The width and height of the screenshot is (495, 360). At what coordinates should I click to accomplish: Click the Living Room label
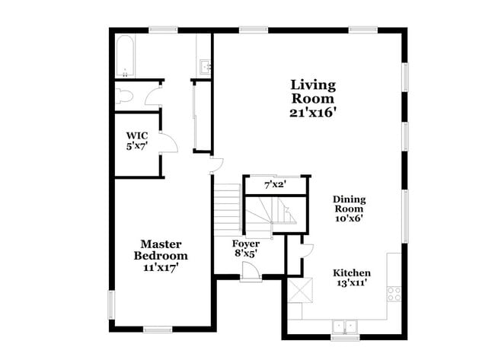(313, 91)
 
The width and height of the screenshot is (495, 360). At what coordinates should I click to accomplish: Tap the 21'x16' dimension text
(313, 112)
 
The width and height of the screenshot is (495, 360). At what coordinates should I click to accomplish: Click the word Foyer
(245, 244)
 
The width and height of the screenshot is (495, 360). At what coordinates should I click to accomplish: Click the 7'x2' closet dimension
(275, 185)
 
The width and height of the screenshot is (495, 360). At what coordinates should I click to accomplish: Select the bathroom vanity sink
(204, 66)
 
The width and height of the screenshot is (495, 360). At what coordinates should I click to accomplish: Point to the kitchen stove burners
(394, 293)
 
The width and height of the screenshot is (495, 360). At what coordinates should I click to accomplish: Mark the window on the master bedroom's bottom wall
(158, 330)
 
